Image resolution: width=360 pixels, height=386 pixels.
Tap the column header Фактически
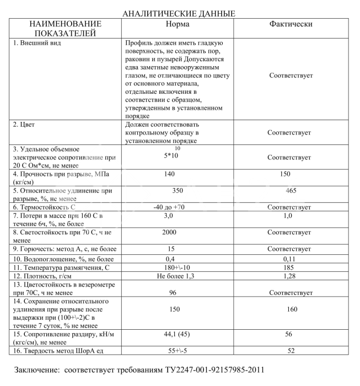(x=291, y=24)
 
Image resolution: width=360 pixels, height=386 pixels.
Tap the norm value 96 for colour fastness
(x=173, y=292)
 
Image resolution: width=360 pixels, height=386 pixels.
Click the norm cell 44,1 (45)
(x=173, y=334)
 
